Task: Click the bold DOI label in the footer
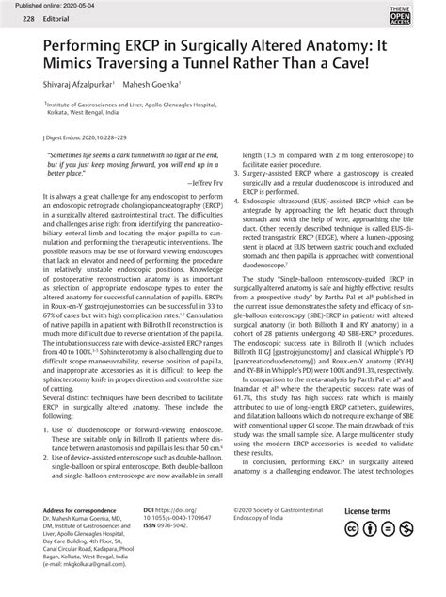(150, 538)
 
